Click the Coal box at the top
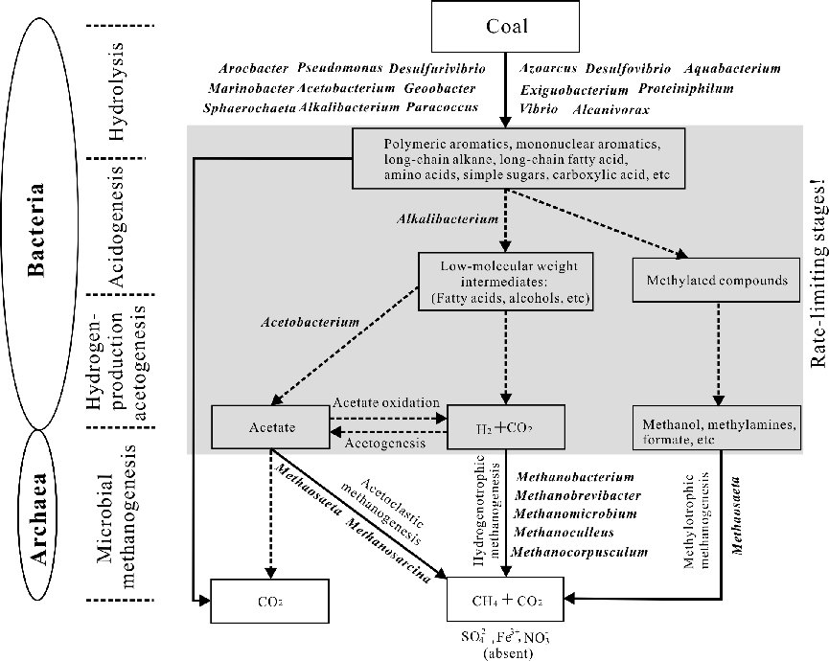506,27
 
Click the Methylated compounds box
718,281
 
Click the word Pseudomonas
339,69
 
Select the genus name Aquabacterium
732,69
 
